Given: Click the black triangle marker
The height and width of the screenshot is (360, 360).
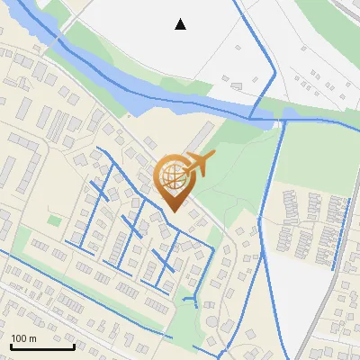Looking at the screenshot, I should point(181,24).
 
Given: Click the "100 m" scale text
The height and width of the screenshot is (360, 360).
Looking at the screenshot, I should point(23,338).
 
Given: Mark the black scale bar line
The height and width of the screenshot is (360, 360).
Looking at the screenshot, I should point(42,346).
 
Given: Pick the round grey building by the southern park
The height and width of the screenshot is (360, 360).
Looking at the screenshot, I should point(211,321).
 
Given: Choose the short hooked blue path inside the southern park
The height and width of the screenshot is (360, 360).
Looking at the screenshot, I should point(191,297).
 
